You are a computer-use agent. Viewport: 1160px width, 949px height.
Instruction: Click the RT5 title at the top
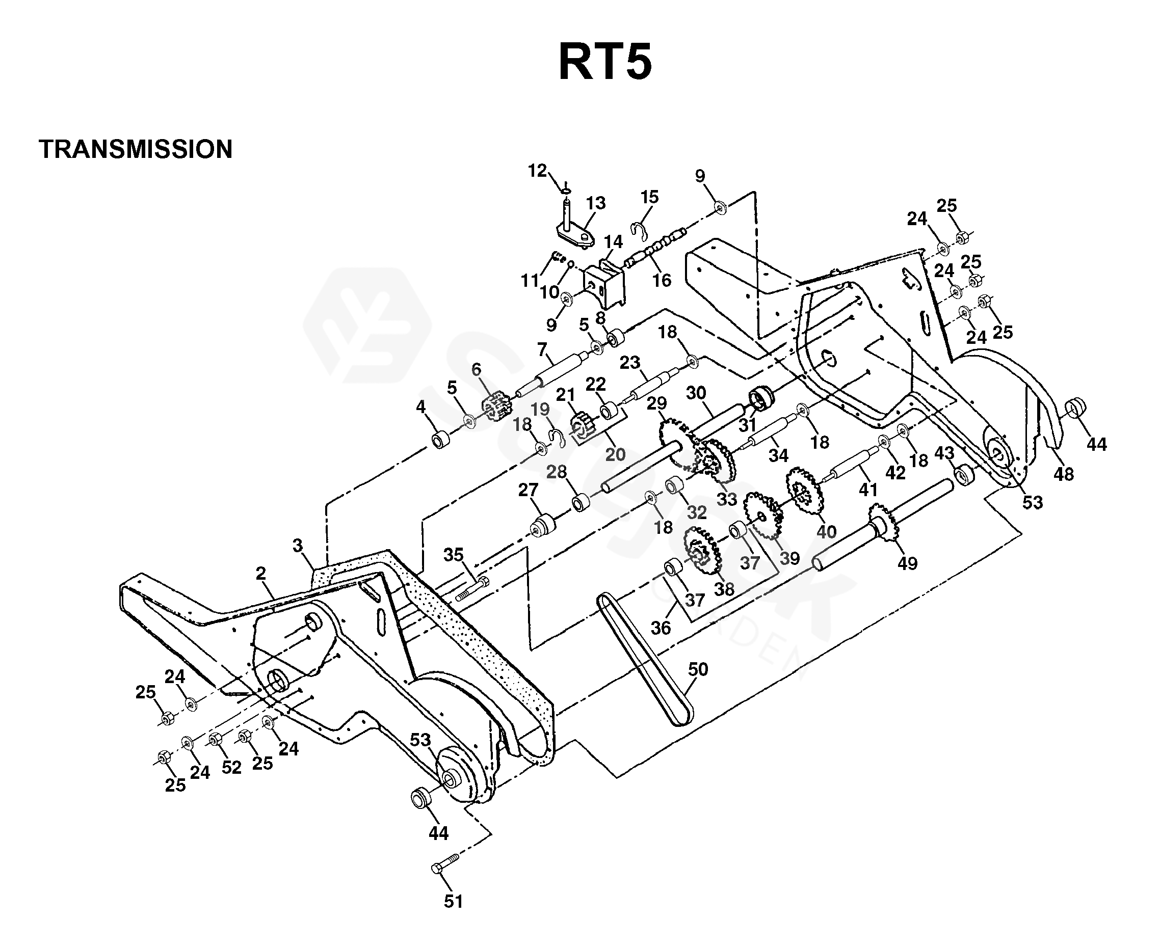(x=605, y=62)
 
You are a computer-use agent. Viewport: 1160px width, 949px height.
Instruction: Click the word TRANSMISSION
(x=136, y=149)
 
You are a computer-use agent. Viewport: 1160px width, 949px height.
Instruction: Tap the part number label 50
(x=698, y=669)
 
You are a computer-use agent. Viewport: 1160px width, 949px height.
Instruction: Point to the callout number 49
(x=907, y=563)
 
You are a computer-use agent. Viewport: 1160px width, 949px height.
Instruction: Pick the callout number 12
(x=538, y=171)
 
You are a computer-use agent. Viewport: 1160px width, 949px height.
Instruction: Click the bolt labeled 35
(x=471, y=590)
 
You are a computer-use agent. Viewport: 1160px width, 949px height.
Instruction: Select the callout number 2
(x=261, y=573)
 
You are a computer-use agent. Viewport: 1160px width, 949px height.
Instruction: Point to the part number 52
(x=231, y=768)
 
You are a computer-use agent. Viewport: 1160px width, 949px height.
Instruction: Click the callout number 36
(x=661, y=628)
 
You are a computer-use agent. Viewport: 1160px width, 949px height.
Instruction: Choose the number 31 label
(x=747, y=424)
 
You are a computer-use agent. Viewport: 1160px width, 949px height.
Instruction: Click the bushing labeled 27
(x=543, y=525)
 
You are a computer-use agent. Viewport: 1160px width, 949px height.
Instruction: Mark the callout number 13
(x=596, y=203)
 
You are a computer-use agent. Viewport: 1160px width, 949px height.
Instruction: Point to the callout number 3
(x=297, y=545)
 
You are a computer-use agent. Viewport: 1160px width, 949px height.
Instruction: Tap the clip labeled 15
(x=638, y=231)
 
